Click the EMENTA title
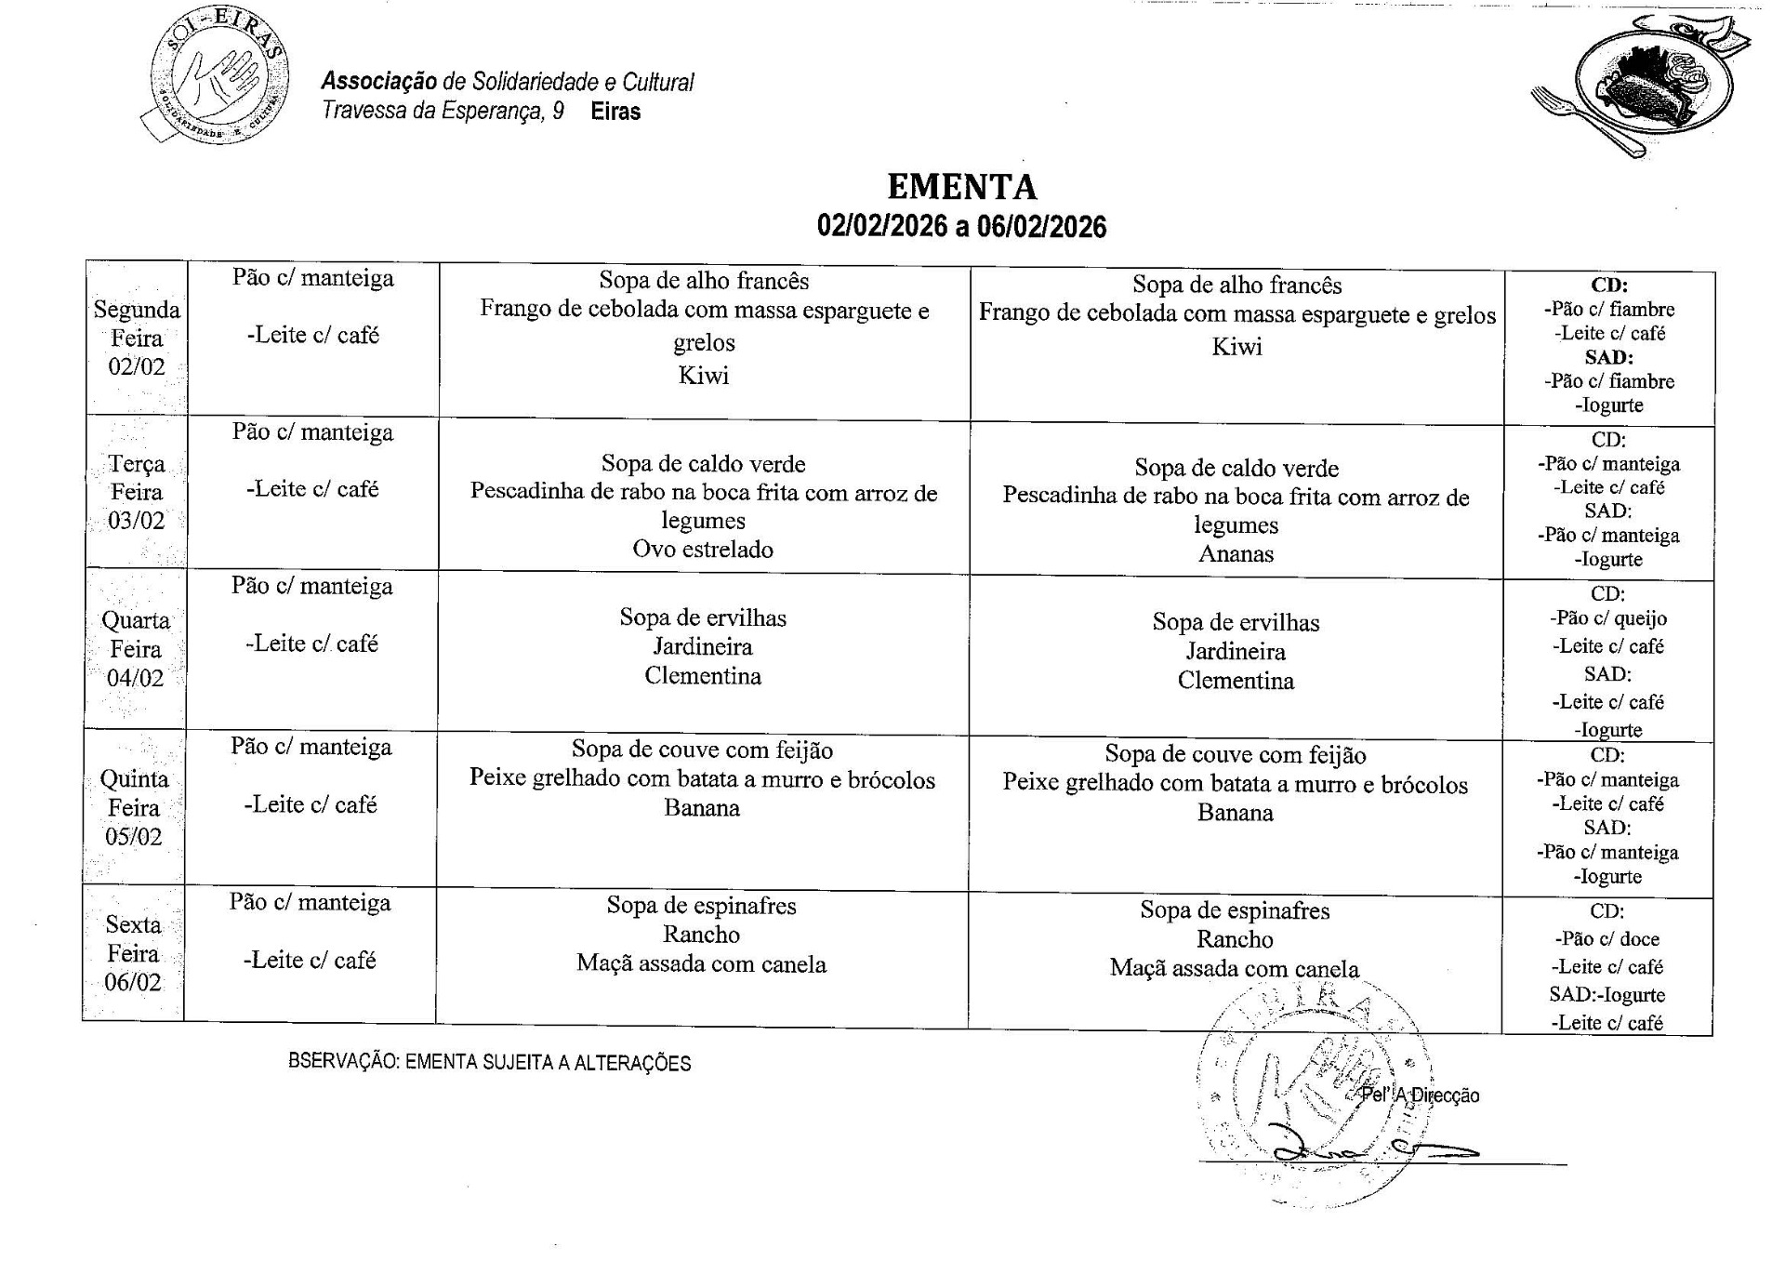[961, 187]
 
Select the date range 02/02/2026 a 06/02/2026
[961, 227]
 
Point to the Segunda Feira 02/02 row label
[137, 338]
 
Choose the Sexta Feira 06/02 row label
[133, 953]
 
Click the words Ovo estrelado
[703, 550]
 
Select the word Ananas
[1236, 554]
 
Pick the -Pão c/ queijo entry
[1607, 618]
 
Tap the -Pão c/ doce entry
[1606, 939]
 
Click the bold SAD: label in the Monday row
[1608, 357]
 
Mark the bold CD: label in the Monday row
[1609, 285]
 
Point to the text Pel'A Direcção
[1420, 1095]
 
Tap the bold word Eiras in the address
[615, 112]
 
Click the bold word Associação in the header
[379, 82]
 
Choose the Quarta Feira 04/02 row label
[136, 649]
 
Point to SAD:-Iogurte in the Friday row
[1606, 995]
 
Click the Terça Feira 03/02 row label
[136, 492]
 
